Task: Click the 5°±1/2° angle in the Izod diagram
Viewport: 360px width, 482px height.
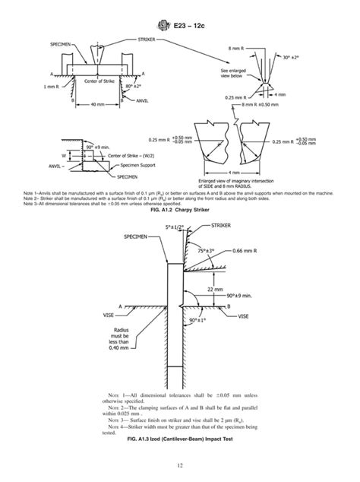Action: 172,227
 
